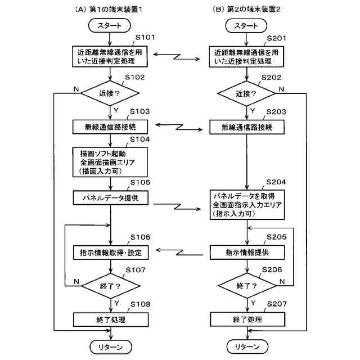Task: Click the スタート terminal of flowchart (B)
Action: point(246,25)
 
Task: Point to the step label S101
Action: point(143,38)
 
